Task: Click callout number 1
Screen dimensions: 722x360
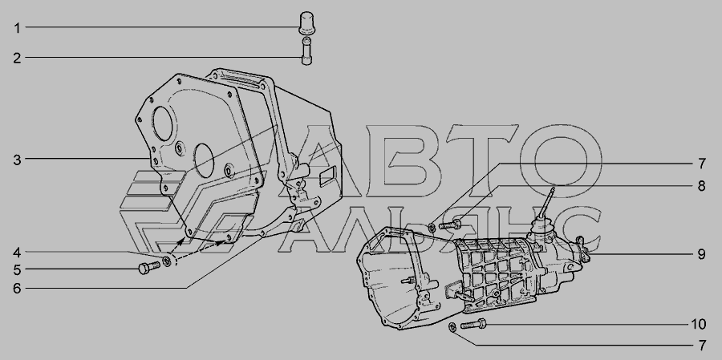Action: pyautogui.click(x=17, y=28)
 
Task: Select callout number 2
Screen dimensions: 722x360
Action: pyautogui.click(x=17, y=59)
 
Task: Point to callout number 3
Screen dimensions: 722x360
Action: pyautogui.click(x=17, y=160)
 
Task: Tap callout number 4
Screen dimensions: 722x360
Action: pyautogui.click(x=17, y=253)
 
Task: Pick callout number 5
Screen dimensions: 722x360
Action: pyautogui.click(x=17, y=270)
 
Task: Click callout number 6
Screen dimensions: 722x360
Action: pyautogui.click(x=17, y=289)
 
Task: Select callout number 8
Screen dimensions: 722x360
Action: pyautogui.click(x=701, y=186)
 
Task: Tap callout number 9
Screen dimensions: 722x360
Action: pyautogui.click(x=701, y=254)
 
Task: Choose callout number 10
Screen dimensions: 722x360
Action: pyautogui.click(x=698, y=325)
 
